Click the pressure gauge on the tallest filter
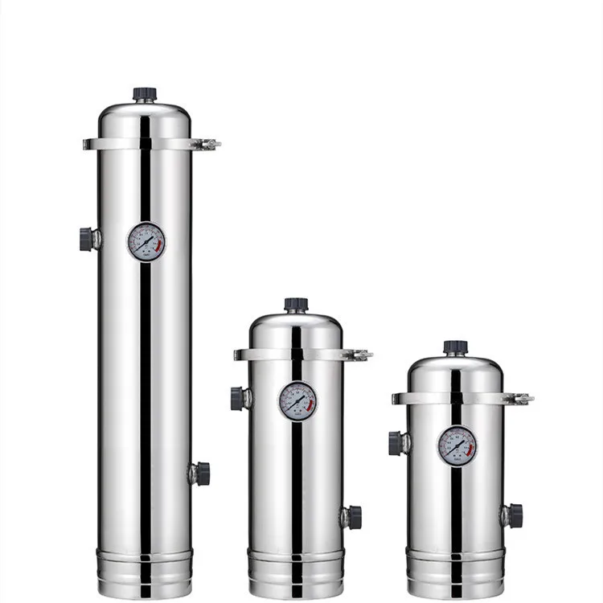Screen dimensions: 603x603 pyautogui.click(x=146, y=241)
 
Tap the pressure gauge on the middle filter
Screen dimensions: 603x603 pyautogui.click(x=297, y=401)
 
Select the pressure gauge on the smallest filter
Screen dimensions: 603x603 pyautogui.click(x=457, y=445)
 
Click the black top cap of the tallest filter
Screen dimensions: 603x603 pyautogui.click(x=145, y=94)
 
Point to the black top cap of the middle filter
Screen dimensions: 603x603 pyautogui.click(x=296, y=305)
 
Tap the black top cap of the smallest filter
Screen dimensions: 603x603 pyautogui.click(x=456, y=347)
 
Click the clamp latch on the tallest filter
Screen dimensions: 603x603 pyautogui.click(x=209, y=145)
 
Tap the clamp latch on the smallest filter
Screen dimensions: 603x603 pyautogui.click(x=521, y=398)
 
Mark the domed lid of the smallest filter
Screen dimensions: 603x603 pyautogui.click(x=456, y=372)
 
